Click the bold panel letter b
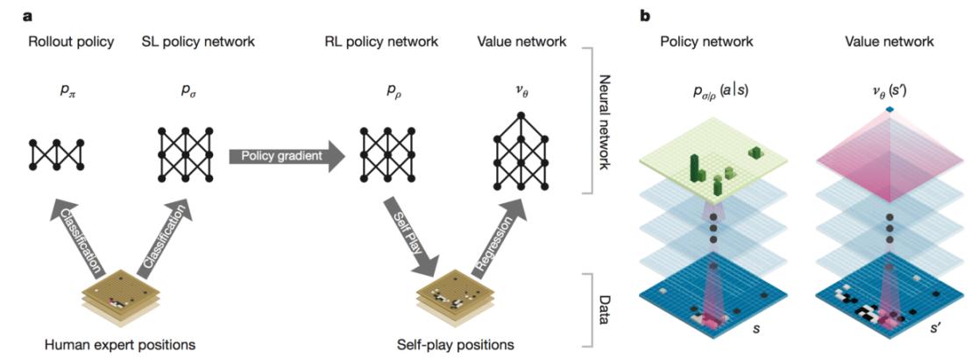pos(647,14)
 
